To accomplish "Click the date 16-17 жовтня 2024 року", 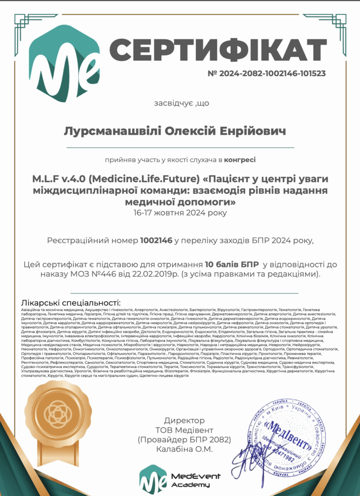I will [180, 212].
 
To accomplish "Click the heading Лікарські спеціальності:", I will [71, 302].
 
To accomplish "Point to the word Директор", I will [184, 420].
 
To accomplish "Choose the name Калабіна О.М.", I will [184, 449].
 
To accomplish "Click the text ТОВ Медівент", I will [184, 430].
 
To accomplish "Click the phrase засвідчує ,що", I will [175, 103].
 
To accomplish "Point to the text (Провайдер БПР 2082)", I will [184, 440].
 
